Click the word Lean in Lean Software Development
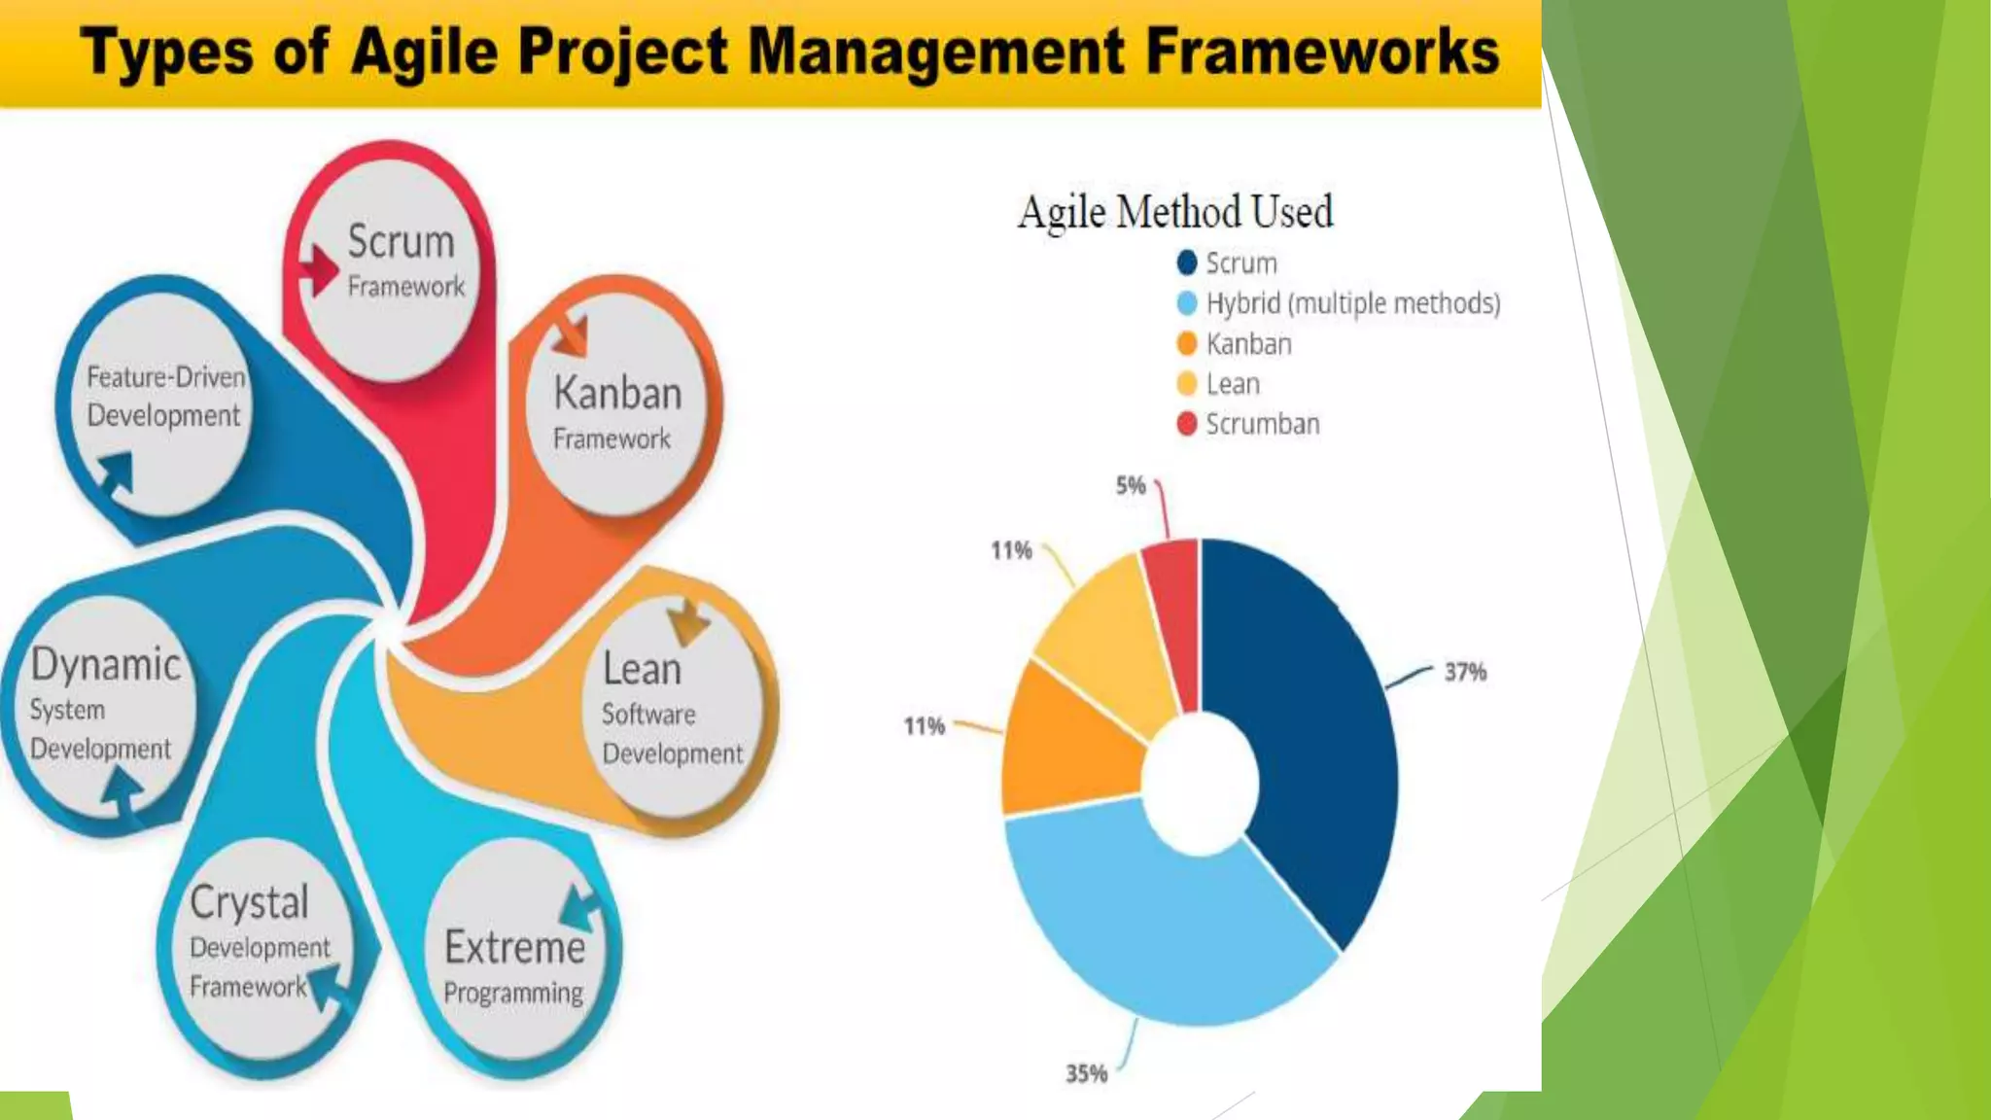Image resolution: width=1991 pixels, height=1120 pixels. pyautogui.click(x=642, y=670)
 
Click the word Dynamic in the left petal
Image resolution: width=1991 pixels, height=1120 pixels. pyautogui.click(x=106, y=665)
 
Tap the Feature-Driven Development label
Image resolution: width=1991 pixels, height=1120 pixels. pyautogui.click(x=165, y=396)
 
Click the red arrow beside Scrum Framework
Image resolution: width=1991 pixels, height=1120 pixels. pyautogui.click(x=318, y=269)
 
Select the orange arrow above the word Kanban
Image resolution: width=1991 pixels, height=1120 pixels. pyautogui.click(x=572, y=335)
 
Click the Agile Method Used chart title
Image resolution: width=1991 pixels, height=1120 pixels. pyautogui.click(x=1174, y=212)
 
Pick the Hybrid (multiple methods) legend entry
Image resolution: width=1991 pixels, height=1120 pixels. pyautogui.click(x=1351, y=303)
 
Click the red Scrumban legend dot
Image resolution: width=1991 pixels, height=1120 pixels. pyautogui.click(x=1186, y=424)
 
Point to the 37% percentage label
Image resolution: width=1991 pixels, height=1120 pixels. pyautogui.click(x=1465, y=672)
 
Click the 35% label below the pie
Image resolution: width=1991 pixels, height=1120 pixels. pyautogui.click(x=1086, y=1073)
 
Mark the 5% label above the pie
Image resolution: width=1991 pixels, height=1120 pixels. pyautogui.click(x=1131, y=485)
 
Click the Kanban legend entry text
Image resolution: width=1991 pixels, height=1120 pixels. pyautogui.click(x=1248, y=344)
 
